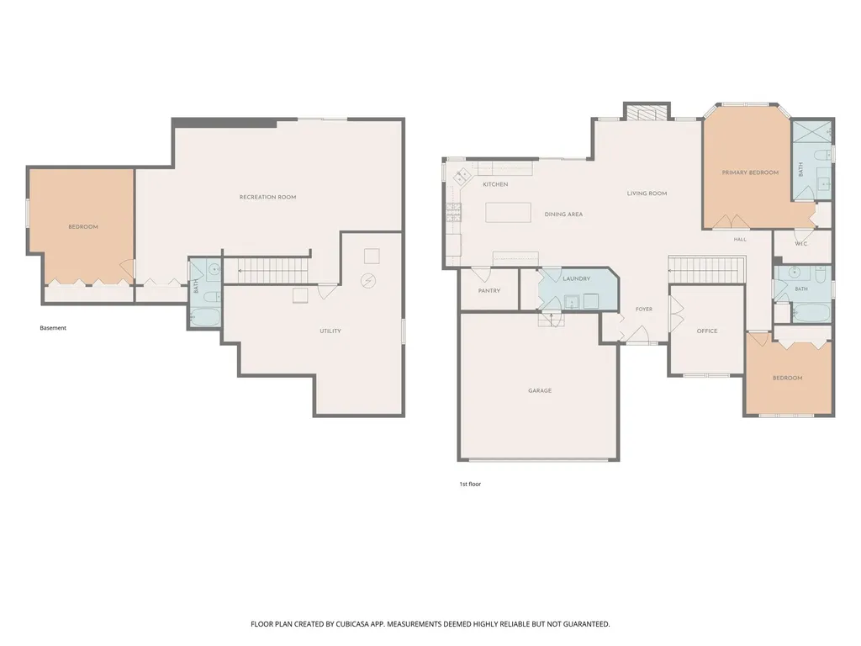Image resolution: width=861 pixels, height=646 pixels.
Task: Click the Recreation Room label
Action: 267,197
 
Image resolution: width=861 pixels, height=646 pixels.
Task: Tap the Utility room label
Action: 330,331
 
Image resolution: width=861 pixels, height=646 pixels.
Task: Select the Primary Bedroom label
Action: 750,172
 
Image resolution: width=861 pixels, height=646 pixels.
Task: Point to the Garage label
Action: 540,390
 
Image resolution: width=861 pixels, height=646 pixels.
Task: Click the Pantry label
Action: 489,290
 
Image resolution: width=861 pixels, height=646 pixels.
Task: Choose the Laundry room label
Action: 577,278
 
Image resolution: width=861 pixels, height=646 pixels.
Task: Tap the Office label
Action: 707,331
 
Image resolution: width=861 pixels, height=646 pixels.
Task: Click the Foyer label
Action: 644,310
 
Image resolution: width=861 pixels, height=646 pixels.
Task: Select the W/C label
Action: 801,244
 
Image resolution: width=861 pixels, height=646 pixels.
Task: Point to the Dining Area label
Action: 563,214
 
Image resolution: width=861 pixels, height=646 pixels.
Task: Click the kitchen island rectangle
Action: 508,213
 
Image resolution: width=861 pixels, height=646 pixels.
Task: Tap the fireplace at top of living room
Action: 647,112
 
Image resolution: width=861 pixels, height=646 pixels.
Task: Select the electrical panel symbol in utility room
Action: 368,281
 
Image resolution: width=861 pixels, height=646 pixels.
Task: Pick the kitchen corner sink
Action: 461,177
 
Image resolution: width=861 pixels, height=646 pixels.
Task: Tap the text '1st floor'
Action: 470,484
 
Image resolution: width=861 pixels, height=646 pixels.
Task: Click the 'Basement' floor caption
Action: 53,328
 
